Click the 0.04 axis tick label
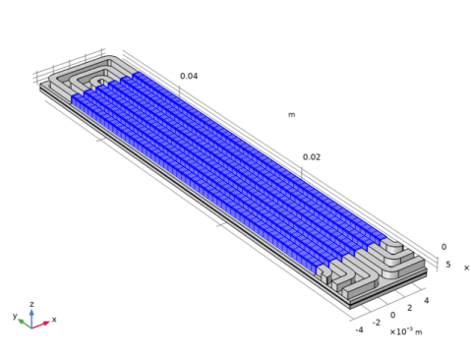coord(189,76)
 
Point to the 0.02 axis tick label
coord(312,157)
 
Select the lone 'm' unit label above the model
coord(291,115)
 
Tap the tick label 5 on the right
coord(448,265)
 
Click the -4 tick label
coord(359,330)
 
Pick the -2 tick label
coord(377,323)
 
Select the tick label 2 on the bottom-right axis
coord(410,308)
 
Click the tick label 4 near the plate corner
coord(426,300)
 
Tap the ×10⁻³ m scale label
coord(406,331)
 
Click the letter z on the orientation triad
coord(31,304)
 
